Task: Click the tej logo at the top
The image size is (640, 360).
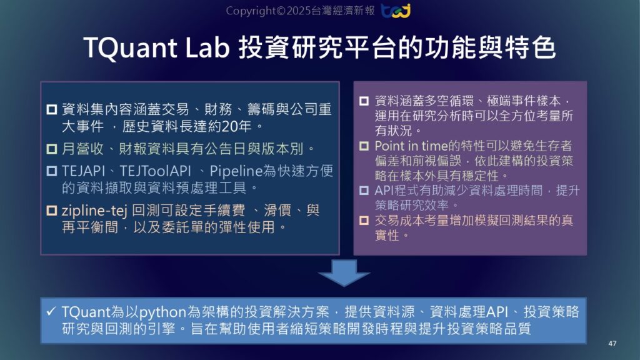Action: (396, 11)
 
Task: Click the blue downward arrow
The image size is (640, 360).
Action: (344, 273)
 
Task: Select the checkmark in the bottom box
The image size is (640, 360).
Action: (51, 311)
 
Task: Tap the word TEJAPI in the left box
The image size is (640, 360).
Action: (84, 171)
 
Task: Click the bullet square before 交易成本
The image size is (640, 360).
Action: (364, 221)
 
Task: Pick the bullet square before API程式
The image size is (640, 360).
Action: (364, 191)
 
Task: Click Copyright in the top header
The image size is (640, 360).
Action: (251, 11)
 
